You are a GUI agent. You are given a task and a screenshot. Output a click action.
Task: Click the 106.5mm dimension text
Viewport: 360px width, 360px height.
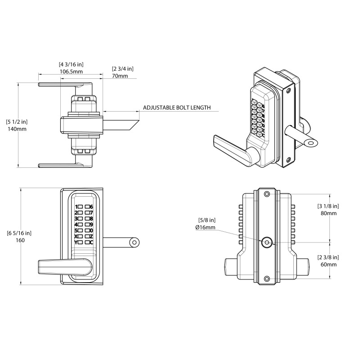pos(71,72)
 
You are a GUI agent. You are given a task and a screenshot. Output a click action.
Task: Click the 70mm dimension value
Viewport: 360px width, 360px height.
pos(120,76)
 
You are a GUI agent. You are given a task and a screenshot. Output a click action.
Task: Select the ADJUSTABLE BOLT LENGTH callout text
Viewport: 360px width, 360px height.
pos(177,108)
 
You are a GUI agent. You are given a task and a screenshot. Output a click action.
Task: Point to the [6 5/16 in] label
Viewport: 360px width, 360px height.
pos(19,233)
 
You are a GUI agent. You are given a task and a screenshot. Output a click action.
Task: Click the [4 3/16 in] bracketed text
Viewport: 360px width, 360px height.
pos(71,64)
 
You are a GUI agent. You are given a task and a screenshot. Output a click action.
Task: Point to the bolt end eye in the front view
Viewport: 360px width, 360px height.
pos(134,243)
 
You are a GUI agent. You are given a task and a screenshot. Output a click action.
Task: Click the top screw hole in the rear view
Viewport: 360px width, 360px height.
pos(267,193)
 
